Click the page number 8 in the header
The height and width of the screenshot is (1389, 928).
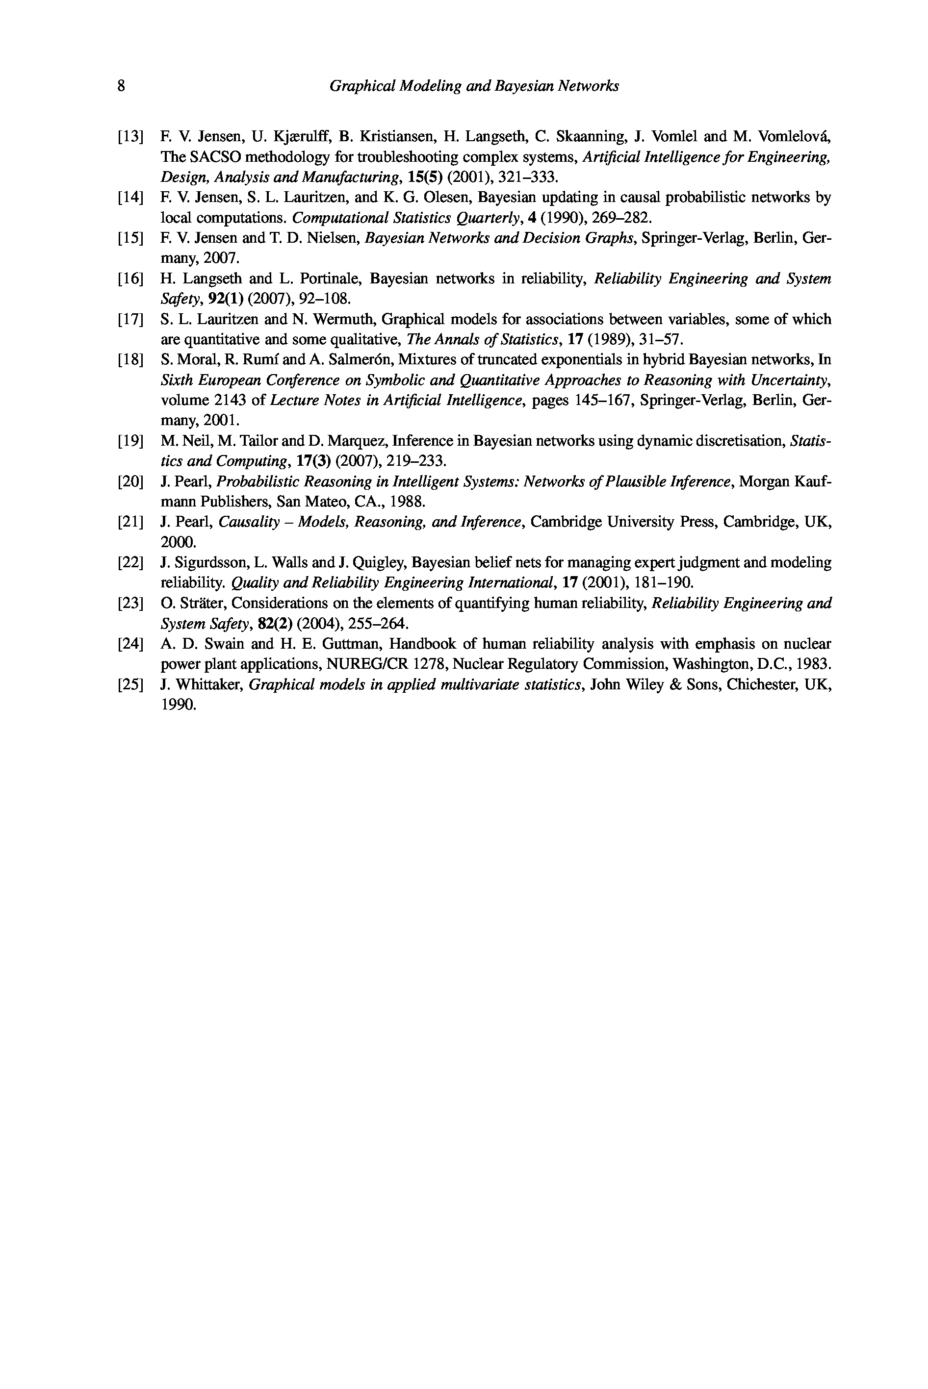[121, 86]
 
